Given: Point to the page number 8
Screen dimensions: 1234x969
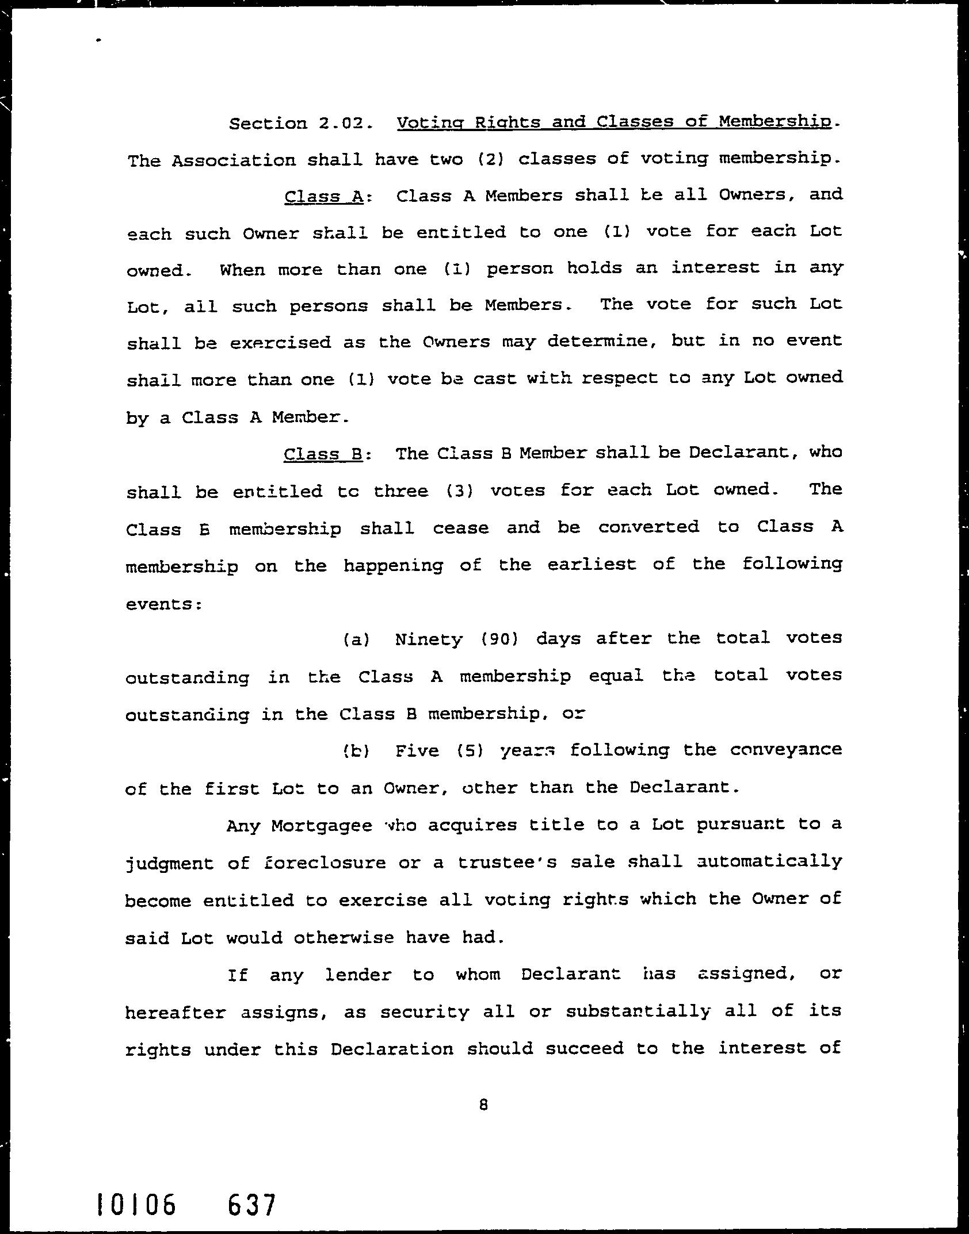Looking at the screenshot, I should coord(483,1105).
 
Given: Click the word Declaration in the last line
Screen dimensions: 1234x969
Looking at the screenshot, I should coord(392,1050).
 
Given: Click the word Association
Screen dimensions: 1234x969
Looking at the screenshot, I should coord(234,160).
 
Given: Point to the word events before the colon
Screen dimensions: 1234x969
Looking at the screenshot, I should coord(161,604).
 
